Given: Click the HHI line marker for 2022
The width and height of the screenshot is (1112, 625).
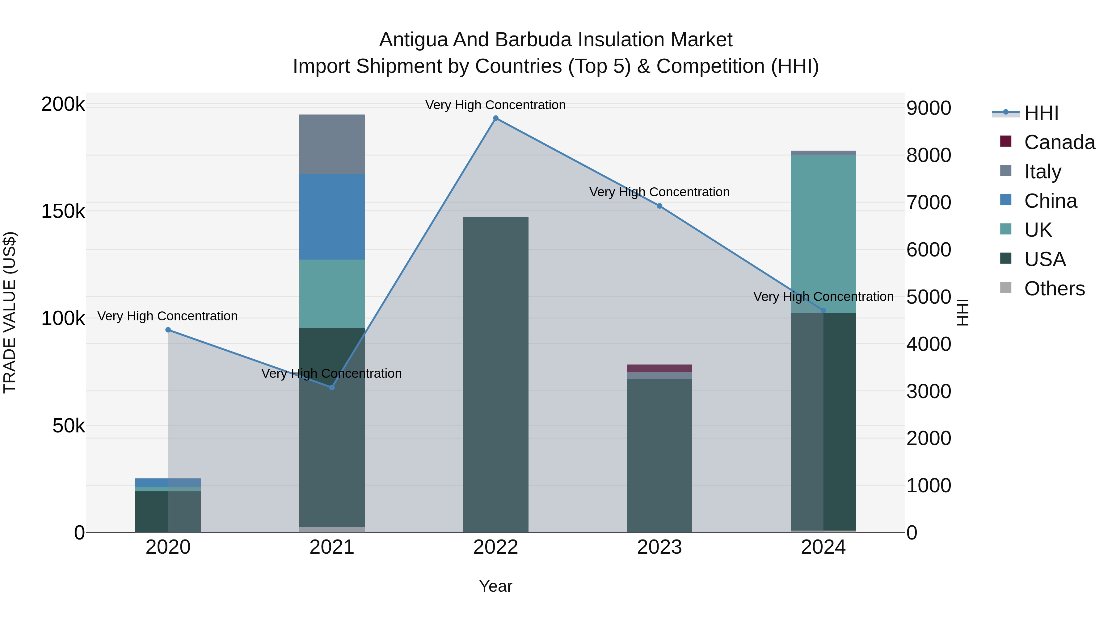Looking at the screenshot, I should coord(495,118).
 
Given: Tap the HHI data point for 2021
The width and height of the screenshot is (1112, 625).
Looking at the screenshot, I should coord(331,387).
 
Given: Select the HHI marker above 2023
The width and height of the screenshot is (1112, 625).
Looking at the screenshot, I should coord(659,206).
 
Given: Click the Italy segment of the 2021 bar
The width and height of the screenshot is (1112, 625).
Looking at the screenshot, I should coord(331,144).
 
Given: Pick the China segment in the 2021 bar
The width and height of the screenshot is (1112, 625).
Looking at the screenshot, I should coord(331,217).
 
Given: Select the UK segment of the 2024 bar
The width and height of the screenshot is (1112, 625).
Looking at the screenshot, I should coord(823,233).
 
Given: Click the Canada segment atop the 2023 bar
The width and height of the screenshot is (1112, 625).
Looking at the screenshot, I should coord(659,368).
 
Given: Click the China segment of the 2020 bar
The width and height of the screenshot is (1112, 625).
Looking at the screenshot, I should coord(168,482).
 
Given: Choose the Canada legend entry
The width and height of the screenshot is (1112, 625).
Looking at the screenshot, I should coord(1059,142).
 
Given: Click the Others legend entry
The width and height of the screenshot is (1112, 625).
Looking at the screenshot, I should coord(1054,289).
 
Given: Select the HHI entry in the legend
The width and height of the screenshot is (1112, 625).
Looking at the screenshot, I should coord(1041,113).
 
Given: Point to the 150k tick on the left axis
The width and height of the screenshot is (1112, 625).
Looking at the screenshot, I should coord(63,211).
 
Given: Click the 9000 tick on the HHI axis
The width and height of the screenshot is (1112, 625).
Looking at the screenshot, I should coord(928,108).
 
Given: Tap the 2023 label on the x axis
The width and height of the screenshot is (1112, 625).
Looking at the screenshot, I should coord(659,547).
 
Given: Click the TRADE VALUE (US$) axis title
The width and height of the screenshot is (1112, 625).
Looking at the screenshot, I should coord(10,312).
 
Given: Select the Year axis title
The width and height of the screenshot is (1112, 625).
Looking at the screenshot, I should coord(495,586).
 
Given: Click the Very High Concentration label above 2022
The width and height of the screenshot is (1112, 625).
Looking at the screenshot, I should coord(495,105).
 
